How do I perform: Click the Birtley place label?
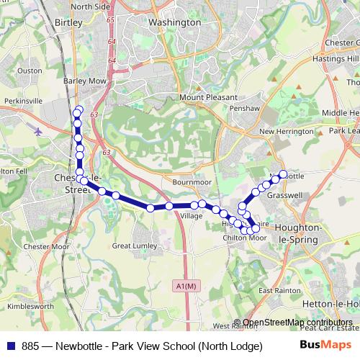68,22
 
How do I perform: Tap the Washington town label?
174,22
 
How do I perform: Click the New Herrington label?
287,132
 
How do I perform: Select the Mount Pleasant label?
208,97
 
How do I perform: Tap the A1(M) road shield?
185,286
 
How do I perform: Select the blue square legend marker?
10,345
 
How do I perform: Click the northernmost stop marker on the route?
77,112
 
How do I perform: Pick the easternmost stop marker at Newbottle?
283,174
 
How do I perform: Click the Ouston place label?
30,71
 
